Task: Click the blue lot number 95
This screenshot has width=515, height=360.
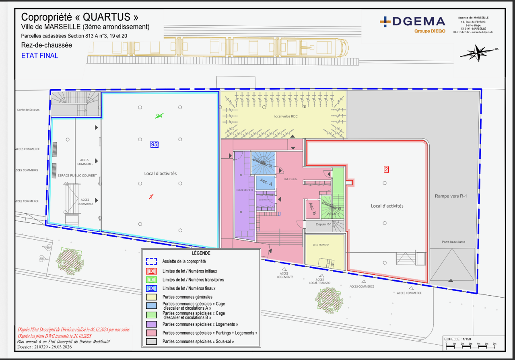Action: point(154,144)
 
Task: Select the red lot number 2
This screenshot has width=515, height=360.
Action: point(386,170)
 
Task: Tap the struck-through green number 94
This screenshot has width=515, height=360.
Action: point(159,116)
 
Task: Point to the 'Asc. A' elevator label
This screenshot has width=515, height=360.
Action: point(266,182)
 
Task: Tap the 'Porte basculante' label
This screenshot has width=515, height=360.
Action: point(453,242)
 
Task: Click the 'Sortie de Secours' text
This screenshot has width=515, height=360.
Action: point(28,109)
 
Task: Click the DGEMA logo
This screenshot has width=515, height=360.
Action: point(412,24)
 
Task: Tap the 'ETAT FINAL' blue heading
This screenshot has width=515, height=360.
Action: point(39,56)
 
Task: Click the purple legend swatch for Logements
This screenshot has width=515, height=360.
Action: point(151,324)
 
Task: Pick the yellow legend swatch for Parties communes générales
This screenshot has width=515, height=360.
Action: point(151,297)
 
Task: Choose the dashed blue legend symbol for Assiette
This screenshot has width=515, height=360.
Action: point(151,261)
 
